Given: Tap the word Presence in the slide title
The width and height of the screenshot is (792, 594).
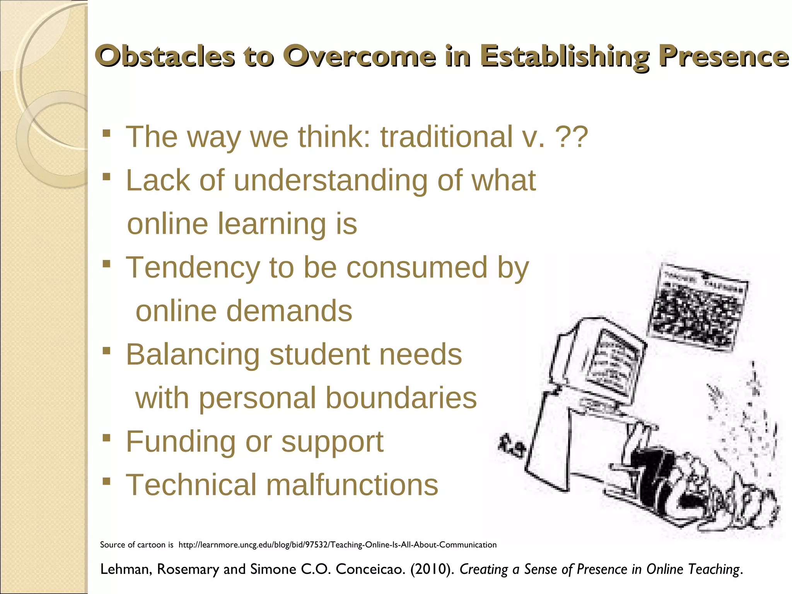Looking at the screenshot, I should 724,56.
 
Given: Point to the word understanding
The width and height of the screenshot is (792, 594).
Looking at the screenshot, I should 331,181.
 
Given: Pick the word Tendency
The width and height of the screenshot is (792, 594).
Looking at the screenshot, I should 193,268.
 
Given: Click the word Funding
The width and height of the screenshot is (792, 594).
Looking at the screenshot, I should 180,442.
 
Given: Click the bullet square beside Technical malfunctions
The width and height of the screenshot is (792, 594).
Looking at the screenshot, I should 107,482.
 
